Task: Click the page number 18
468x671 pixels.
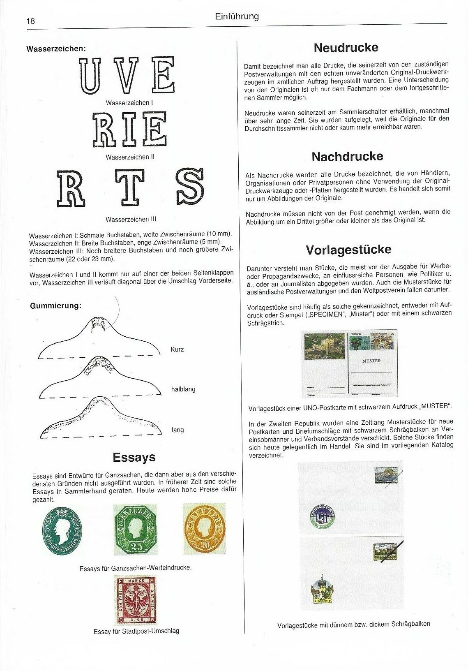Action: (x=30, y=21)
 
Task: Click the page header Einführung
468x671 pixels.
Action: (x=237, y=16)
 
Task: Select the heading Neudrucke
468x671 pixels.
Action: (x=346, y=48)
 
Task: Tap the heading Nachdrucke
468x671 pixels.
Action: (x=347, y=157)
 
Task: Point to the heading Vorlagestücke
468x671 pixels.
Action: (x=348, y=250)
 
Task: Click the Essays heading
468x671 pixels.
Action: (x=134, y=457)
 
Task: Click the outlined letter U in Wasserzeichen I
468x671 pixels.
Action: (x=90, y=76)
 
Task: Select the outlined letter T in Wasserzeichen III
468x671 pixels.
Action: (x=129, y=187)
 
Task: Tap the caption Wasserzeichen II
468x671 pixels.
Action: (x=130, y=157)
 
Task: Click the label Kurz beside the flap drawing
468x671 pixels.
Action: (x=177, y=349)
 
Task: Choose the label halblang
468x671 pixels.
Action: (x=183, y=389)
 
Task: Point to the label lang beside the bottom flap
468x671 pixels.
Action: (x=178, y=430)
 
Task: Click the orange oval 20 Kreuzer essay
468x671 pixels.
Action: (x=204, y=528)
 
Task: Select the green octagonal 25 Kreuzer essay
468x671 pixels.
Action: (x=135, y=529)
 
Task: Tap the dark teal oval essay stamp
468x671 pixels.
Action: (x=62, y=531)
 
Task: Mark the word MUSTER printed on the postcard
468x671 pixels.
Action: (x=371, y=361)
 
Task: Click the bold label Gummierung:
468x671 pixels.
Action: (x=55, y=305)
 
